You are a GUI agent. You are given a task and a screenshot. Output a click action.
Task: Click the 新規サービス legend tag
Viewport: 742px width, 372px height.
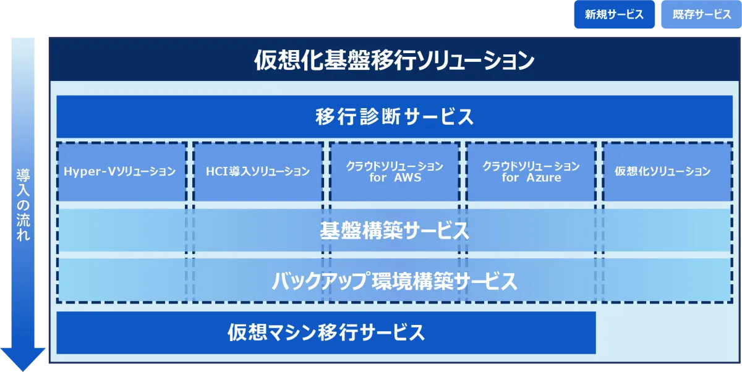click(614, 15)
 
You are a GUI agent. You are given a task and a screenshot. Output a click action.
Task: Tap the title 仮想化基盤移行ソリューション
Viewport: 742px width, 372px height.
click(394, 61)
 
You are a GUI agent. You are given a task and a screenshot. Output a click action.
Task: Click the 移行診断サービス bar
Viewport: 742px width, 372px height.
click(394, 116)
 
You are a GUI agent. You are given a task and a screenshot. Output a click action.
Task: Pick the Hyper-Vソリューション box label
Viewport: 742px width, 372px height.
click(120, 172)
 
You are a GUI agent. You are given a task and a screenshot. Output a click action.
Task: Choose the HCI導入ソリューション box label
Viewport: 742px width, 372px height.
click(258, 172)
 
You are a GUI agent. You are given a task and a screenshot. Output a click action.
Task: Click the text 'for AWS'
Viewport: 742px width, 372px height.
click(394, 178)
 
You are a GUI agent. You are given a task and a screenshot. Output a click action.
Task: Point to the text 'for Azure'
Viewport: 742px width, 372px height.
click(531, 178)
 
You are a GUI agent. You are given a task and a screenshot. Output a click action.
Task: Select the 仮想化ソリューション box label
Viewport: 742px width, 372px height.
click(662, 172)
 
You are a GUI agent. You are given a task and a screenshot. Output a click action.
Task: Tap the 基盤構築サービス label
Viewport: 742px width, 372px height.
click(394, 231)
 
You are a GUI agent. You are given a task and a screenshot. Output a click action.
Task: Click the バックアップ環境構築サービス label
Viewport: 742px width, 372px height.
click(394, 281)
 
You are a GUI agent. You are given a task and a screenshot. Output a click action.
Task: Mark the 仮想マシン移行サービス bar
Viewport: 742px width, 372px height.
click(326, 332)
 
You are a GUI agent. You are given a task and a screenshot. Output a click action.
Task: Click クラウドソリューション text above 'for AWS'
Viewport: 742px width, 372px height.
click(394, 167)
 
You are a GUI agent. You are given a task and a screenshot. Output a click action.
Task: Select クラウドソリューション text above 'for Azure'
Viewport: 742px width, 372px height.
click(531, 167)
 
